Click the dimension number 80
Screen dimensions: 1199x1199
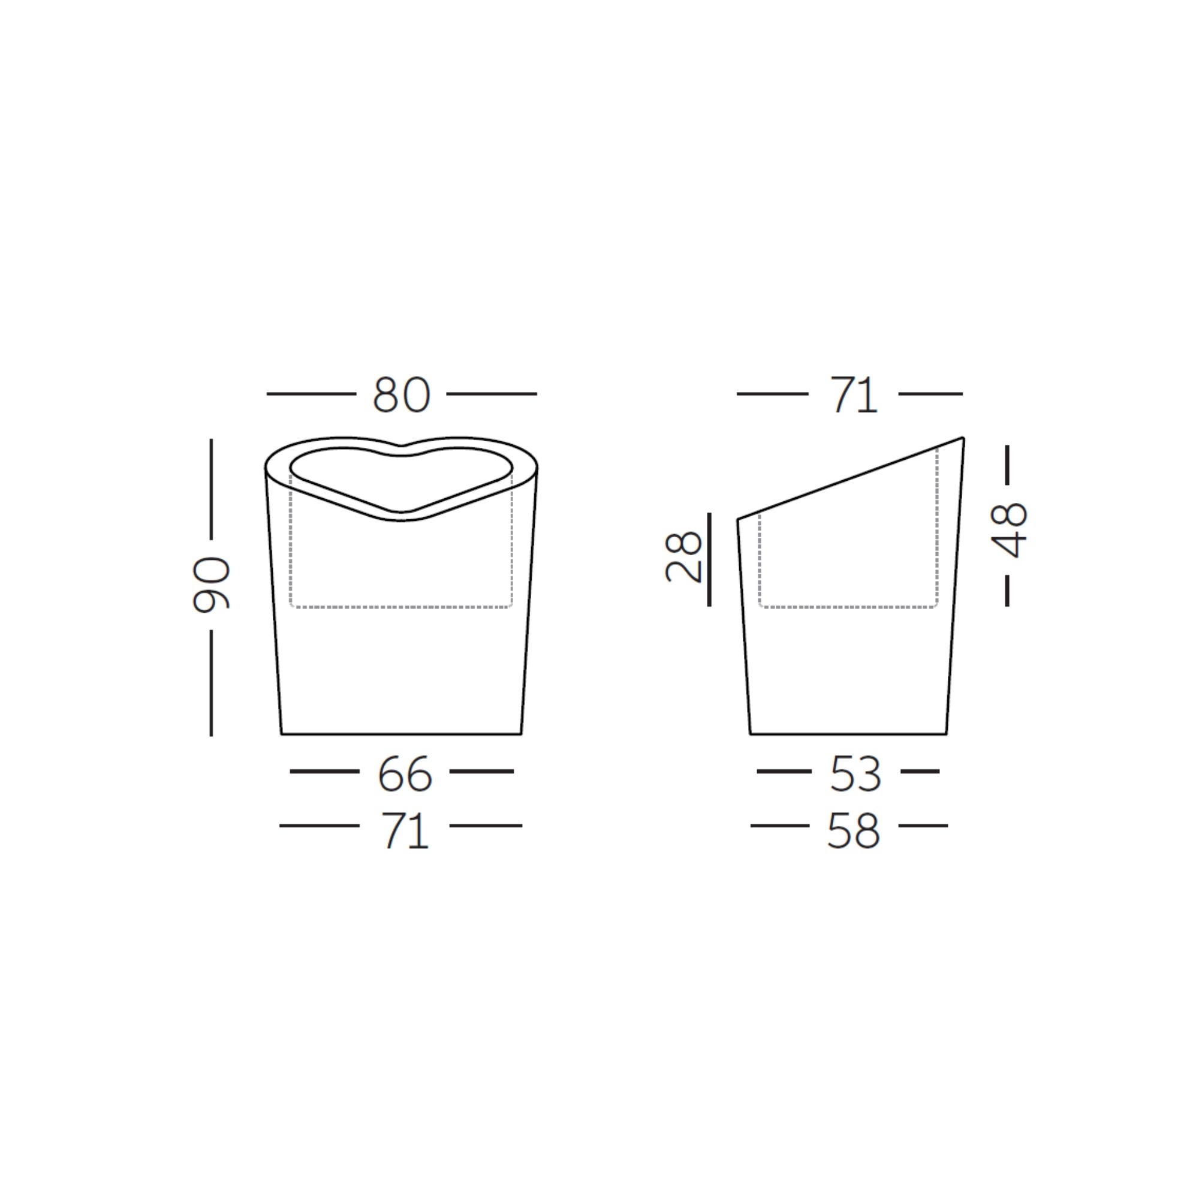pos(401,394)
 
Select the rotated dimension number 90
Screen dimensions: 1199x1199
pos(212,585)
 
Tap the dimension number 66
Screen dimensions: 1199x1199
pos(405,774)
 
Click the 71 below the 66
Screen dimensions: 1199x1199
pos(405,831)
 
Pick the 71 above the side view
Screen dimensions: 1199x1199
pos(854,394)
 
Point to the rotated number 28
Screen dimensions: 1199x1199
pos(683,557)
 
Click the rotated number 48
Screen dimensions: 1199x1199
pos(1009,531)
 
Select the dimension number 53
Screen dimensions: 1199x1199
pos(855,774)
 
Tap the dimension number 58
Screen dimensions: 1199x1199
pos(853,831)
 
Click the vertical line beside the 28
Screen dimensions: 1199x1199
pos(709,559)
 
